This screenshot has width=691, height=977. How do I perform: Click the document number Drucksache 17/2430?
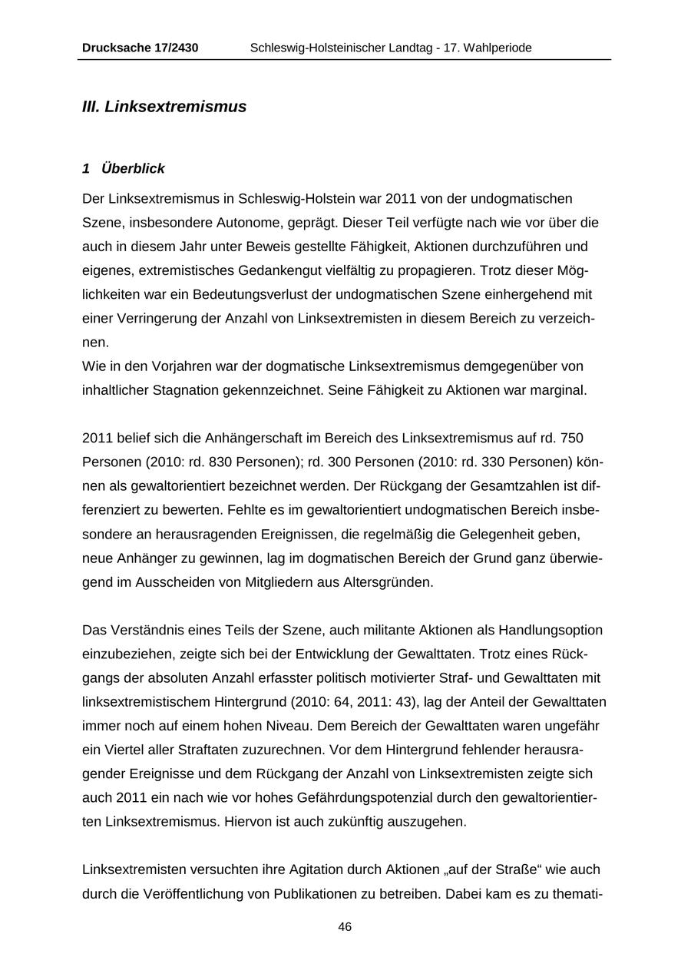[140, 48]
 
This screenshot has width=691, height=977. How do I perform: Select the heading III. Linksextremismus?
[164, 107]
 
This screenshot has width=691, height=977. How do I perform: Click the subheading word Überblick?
[133, 169]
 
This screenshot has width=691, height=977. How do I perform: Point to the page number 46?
[345, 927]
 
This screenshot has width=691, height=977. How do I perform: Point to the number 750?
[572, 439]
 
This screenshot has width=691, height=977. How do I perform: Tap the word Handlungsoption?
[550, 631]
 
